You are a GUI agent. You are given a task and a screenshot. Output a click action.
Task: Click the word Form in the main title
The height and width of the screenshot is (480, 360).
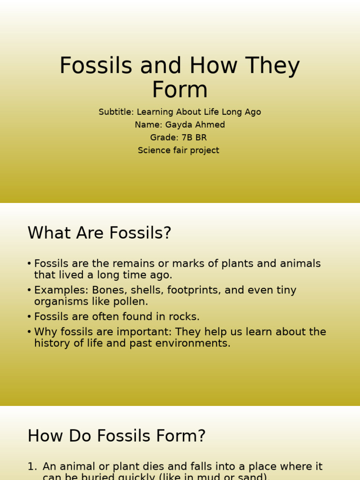tap(180, 90)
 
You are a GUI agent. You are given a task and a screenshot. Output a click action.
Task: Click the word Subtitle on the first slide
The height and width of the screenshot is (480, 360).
tap(116, 112)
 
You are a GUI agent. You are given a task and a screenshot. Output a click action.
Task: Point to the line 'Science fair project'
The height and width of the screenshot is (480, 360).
tap(178, 150)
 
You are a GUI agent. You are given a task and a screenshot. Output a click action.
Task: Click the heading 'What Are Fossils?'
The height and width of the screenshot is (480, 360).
tap(99, 233)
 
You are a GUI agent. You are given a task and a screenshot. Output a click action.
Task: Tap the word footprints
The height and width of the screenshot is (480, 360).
tap(192, 290)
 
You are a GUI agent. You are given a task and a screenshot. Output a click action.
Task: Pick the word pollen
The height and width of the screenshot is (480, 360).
tap(135, 301)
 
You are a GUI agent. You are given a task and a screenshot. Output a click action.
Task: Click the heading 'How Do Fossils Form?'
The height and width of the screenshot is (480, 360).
tap(117, 436)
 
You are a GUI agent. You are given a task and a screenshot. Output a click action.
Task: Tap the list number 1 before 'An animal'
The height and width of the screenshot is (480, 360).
tap(31, 466)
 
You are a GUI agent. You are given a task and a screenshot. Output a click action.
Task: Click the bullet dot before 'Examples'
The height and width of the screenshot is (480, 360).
tap(30, 291)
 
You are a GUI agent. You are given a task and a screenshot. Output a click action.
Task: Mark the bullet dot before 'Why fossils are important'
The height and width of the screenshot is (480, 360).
tap(30, 332)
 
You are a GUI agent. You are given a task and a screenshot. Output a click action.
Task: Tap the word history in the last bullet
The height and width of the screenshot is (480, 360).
tap(52, 343)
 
